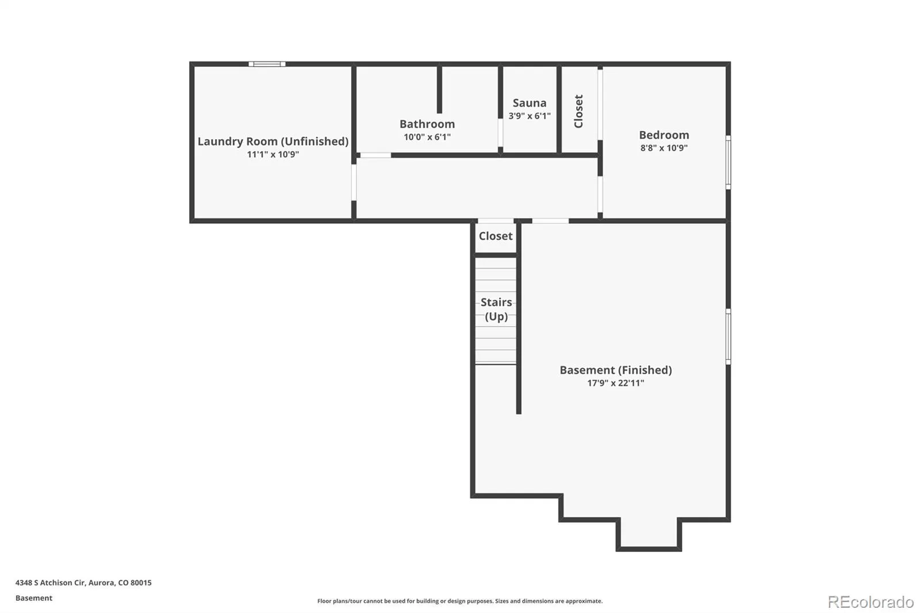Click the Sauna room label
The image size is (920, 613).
click(x=530, y=103)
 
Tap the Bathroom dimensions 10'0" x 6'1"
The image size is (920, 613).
click(x=427, y=137)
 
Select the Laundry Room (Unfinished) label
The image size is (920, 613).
click(x=273, y=141)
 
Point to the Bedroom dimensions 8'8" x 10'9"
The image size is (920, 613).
click(x=664, y=148)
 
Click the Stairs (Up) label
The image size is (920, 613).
click(x=496, y=309)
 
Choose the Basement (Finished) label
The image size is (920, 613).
click(x=616, y=370)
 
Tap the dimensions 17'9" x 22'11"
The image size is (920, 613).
click(x=616, y=383)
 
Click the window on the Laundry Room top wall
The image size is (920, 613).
click(x=267, y=64)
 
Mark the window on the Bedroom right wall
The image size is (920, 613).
click(x=728, y=162)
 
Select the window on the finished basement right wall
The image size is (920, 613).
click(x=728, y=336)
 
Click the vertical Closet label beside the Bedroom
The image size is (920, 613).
click(x=578, y=112)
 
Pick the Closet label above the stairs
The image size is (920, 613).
click(x=496, y=236)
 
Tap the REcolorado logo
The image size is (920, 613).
click(x=871, y=602)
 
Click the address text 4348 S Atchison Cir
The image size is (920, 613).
click(x=50, y=583)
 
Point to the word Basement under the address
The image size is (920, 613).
click(x=34, y=598)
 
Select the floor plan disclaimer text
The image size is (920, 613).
click(x=459, y=601)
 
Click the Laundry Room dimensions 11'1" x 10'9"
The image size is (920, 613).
click(x=273, y=155)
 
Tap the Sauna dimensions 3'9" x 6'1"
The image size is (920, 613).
click(x=530, y=116)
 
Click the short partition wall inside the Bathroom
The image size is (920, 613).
click(x=439, y=89)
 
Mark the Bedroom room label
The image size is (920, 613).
click(x=664, y=135)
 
